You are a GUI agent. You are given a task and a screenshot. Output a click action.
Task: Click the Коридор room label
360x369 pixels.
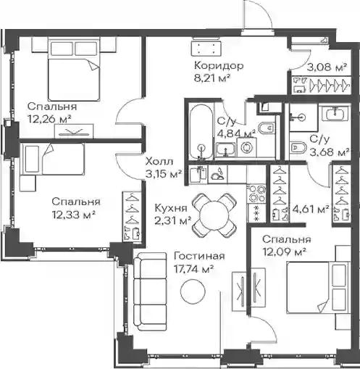click(x=219, y=66)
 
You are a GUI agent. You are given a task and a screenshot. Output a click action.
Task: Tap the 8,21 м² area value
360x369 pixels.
click(x=212, y=78)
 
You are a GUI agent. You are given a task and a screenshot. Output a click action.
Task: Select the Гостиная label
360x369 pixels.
click(x=199, y=256)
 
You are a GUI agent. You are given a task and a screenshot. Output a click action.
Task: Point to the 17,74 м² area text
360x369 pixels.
click(x=193, y=268)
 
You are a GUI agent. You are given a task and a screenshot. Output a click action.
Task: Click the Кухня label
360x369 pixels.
click(x=171, y=208)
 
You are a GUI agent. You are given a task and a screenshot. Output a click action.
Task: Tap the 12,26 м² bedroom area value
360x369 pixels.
click(x=49, y=119)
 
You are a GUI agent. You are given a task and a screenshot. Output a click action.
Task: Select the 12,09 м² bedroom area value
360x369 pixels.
click(x=285, y=252)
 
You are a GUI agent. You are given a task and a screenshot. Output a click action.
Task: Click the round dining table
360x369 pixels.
click(x=214, y=215)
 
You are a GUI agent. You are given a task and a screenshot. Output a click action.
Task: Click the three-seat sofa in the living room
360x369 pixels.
click(x=150, y=291)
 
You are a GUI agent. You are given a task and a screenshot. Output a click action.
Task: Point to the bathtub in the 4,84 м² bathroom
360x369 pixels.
click(x=201, y=132)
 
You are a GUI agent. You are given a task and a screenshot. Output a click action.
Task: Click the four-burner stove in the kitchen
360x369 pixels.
click(x=256, y=194)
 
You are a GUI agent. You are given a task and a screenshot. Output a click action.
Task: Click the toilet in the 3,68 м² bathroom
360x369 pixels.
click(x=298, y=147)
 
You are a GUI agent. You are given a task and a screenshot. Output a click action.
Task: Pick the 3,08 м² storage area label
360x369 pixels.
click(x=327, y=67)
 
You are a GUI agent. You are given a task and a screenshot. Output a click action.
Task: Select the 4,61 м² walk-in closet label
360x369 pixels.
click(x=311, y=209)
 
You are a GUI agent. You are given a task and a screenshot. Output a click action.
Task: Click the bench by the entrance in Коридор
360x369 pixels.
click(x=206, y=48)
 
